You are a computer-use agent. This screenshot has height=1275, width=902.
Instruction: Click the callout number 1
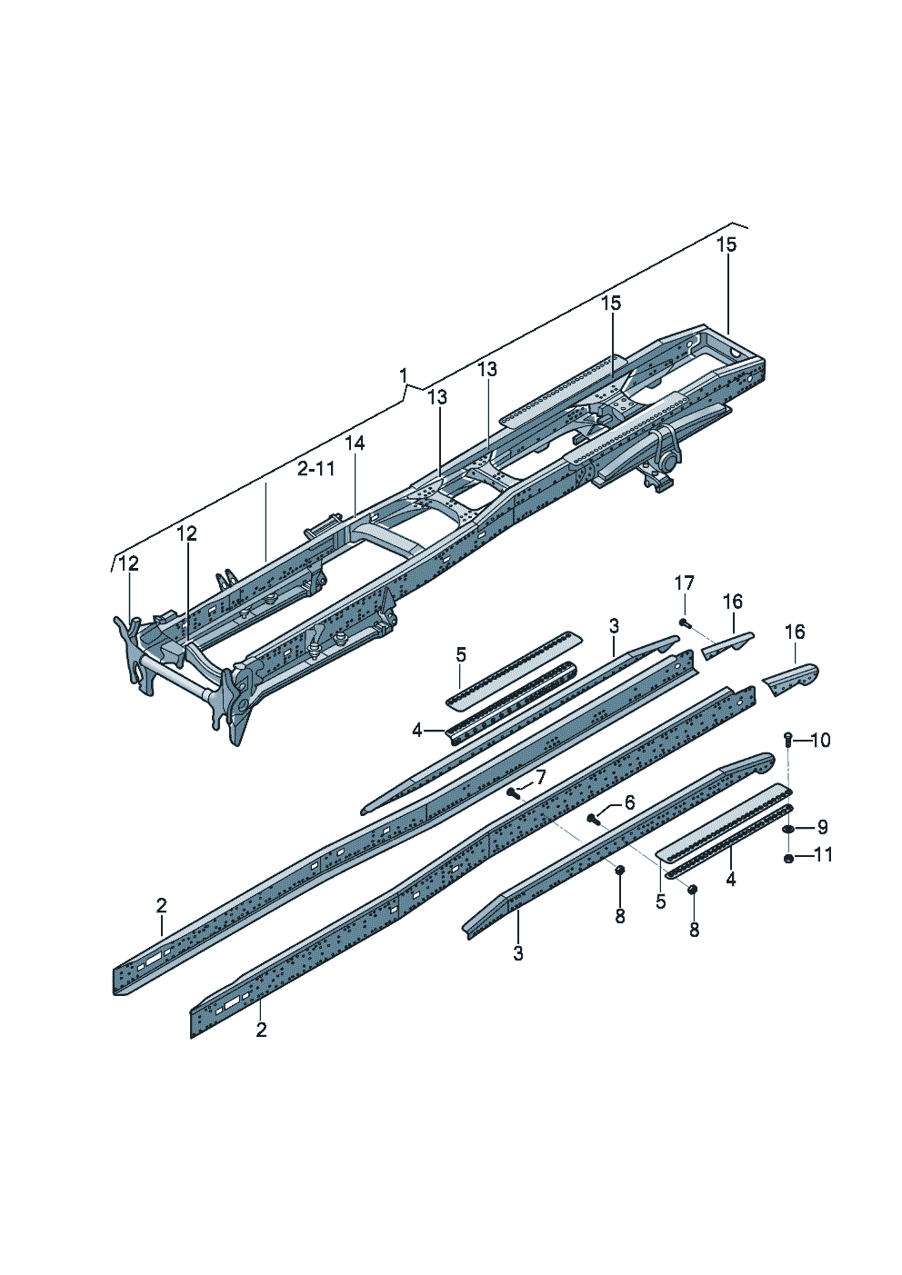point(404,375)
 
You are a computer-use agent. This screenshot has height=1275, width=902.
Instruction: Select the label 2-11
point(316,469)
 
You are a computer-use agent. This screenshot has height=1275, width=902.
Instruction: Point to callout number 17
point(685,583)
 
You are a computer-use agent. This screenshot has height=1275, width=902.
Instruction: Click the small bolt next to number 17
point(685,623)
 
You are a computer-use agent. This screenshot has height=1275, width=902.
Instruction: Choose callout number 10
point(820,740)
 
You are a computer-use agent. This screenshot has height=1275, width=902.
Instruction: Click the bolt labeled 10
point(788,741)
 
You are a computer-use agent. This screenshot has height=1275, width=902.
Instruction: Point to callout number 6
point(628,803)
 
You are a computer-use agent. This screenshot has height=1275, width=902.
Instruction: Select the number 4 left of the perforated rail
point(417,731)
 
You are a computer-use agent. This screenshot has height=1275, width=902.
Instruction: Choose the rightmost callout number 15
point(727,244)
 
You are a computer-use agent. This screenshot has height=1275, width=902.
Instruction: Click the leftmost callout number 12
point(129,563)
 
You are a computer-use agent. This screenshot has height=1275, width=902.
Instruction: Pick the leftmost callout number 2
point(161,905)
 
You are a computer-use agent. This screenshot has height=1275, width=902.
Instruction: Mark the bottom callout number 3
point(517,952)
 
